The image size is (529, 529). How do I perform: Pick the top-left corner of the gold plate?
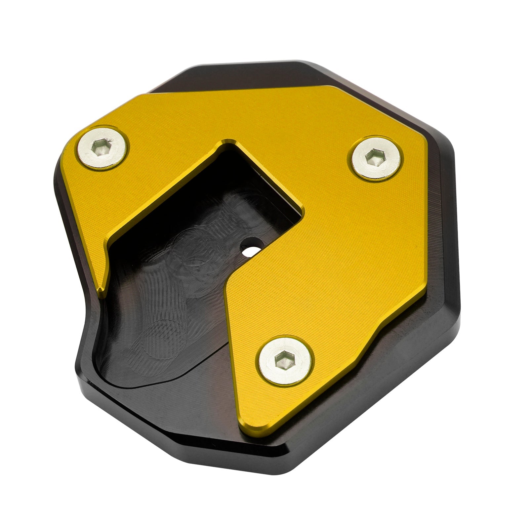(x=143, y=95)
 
